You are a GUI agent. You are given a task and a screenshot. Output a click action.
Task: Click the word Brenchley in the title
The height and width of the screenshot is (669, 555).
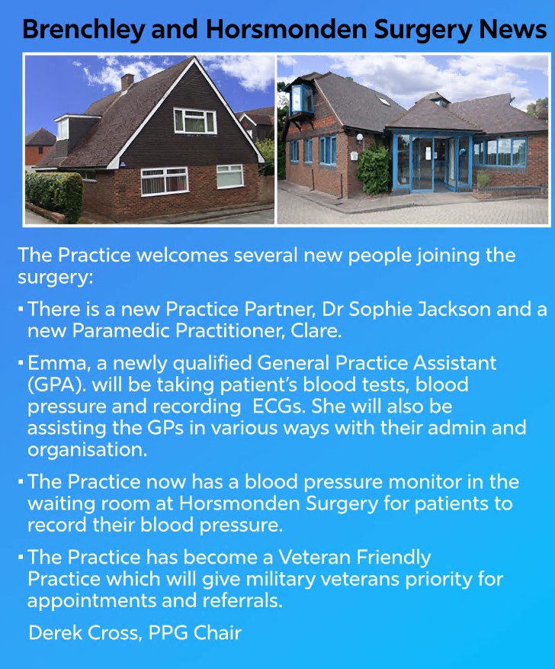pyautogui.click(x=84, y=31)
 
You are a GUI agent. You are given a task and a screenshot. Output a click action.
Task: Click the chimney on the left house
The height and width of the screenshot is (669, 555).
pyautogui.click(x=127, y=82)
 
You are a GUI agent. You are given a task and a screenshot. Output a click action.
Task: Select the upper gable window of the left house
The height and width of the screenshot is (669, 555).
pyautogui.click(x=195, y=121)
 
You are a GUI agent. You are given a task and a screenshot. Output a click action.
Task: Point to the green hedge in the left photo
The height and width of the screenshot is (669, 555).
pyautogui.click(x=53, y=197)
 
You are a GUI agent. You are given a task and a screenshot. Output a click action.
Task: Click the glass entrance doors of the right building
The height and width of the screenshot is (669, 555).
pyautogui.click(x=433, y=163)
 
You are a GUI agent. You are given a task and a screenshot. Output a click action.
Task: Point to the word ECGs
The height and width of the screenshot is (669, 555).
pyautogui.click(x=279, y=406)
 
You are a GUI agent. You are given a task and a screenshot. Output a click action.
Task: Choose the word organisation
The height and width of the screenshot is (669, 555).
pyautogui.click(x=88, y=451)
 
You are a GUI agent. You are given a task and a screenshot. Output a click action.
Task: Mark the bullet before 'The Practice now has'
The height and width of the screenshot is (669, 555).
pyautogui.click(x=21, y=482)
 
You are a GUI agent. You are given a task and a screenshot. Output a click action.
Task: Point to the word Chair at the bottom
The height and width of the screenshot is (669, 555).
pyautogui.click(x=217, y=632)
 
